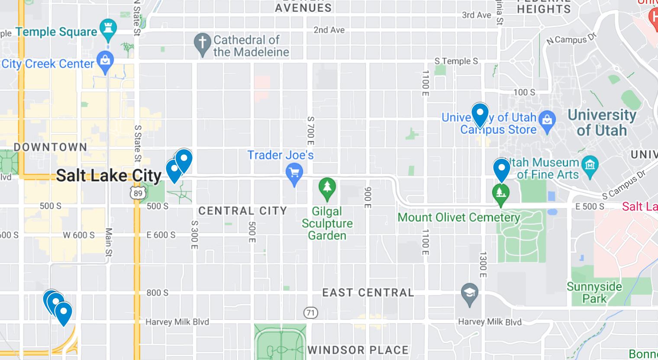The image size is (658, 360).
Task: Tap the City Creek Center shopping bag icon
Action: coord(105,61)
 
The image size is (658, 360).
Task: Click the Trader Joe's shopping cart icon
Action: coord(294,173)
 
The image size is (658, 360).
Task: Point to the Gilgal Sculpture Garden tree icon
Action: coord(327,188)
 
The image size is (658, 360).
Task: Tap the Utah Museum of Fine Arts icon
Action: coord(590,165)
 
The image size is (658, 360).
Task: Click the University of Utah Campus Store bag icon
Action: coord(548,118)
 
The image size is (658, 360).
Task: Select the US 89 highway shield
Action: coord(138,193)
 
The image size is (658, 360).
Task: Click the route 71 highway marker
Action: coord(310,312)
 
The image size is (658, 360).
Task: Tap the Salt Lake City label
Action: coord(109,175)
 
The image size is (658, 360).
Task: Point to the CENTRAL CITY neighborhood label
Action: coord(242,211)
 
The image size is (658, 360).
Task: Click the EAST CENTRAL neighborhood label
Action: coord(368,293)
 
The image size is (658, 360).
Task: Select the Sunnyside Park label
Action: coord(594,292)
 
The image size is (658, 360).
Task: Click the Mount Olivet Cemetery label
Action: coord(458,217)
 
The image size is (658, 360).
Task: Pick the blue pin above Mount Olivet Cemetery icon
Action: coord(502,169)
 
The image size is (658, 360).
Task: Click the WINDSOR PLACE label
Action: coord(358,350)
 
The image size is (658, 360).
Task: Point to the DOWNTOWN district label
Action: coord(51,147)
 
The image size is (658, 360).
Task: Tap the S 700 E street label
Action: coord(310,131)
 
